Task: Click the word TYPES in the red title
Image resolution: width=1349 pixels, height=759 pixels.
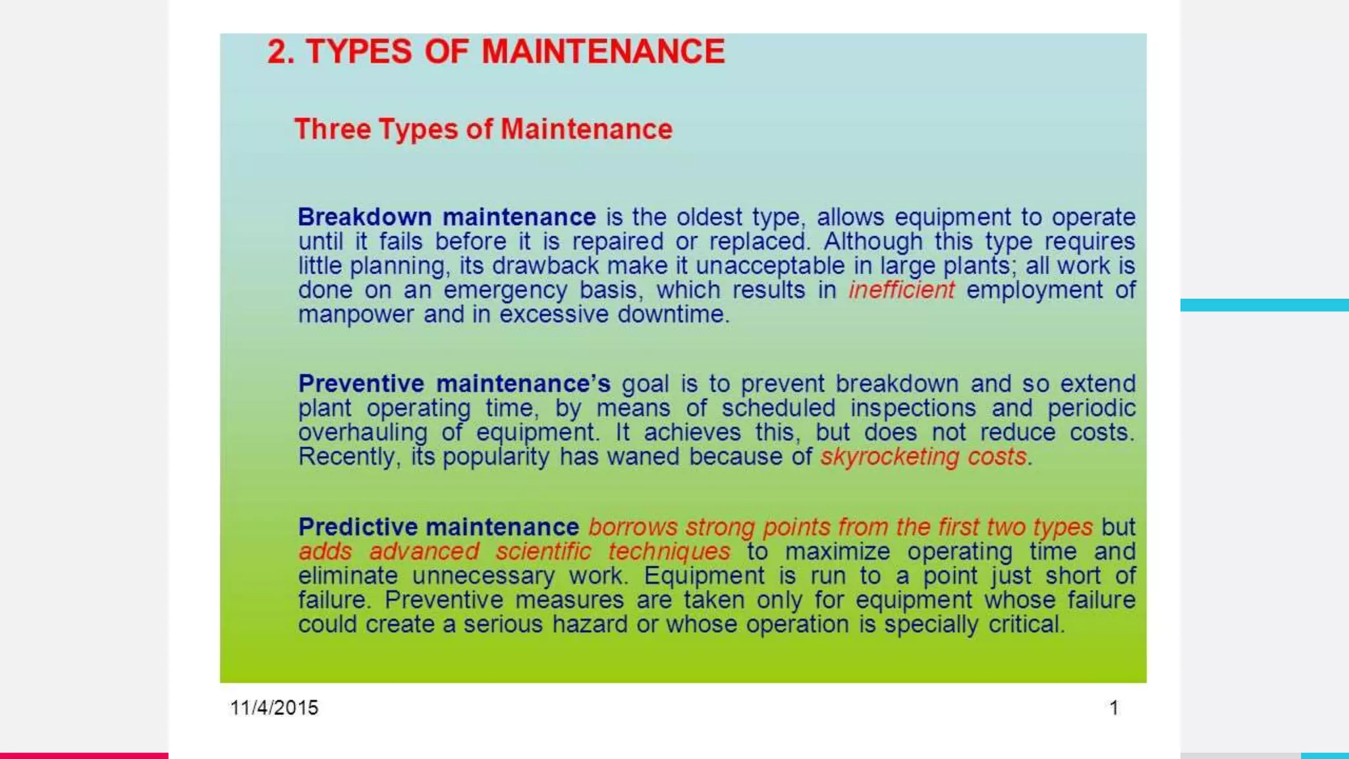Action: tap(359, 52)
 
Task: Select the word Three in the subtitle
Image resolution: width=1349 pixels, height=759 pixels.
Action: tap(332, 129)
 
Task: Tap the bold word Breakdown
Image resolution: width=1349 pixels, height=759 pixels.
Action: tap(364, 217)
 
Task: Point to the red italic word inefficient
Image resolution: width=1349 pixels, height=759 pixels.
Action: tap(901, 290)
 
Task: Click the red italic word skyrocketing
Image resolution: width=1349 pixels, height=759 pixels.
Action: tap(889, 457)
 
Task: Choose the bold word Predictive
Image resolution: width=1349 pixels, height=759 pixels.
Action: tap(356, 527)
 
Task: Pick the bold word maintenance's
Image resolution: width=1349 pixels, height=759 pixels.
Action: tap(523, 383)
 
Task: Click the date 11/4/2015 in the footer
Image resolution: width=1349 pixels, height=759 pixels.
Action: tap(274, 708)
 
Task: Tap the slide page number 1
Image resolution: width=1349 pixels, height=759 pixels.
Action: tap(1114, 708)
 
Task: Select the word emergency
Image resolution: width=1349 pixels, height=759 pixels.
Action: tap(505, 291)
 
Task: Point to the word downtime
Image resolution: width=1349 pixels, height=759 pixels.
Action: tap(672, 314)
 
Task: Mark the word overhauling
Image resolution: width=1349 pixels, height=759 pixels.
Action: tap(362, 432)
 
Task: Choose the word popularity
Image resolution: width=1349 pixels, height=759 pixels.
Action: tap(495, 457)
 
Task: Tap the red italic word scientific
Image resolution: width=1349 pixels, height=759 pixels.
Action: tap(543, 551)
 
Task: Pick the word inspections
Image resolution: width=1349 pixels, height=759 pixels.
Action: tap(913, 408)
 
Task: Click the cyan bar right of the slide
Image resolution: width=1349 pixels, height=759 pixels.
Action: tap(1264, 305)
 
